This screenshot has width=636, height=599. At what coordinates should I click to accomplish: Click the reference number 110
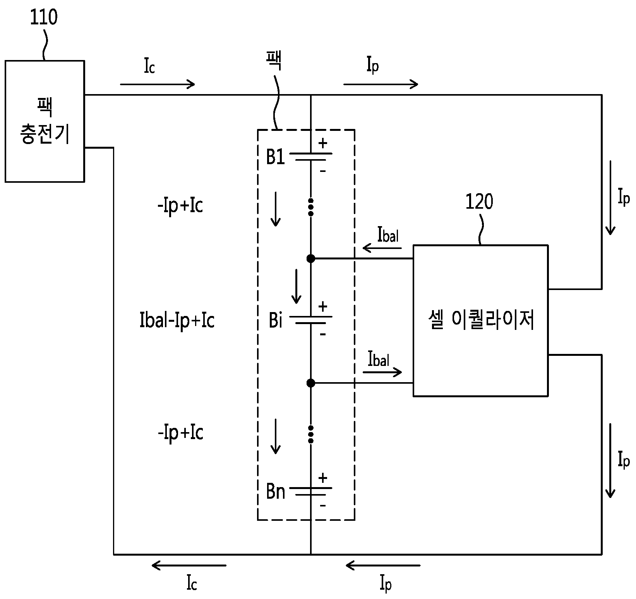44,18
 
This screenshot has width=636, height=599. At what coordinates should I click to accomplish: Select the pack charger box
45,121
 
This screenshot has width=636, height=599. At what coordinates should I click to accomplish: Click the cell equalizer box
480,321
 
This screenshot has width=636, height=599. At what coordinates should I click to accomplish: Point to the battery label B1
276,157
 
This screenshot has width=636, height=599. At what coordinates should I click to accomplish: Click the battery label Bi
275,321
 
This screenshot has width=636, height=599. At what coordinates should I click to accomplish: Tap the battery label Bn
276,492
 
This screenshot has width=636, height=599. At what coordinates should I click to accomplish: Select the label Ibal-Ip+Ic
177,321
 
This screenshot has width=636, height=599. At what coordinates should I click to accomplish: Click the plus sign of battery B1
322,143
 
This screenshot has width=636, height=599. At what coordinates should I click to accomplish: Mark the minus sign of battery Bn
323,505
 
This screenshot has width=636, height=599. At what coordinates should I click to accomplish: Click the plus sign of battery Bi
322,307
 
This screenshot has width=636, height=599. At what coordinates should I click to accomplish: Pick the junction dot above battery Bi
310,258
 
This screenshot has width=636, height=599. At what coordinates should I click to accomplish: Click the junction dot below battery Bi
310,383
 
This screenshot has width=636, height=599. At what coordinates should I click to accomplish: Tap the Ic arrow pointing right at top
158,84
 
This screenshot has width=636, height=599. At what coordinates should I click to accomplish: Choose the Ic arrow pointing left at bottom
189,566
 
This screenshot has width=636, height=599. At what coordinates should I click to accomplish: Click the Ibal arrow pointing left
382,247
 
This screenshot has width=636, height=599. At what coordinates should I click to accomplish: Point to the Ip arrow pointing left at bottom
382,566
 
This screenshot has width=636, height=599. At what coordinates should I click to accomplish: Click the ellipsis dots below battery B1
310,208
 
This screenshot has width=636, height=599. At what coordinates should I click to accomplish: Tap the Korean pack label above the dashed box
274,61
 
